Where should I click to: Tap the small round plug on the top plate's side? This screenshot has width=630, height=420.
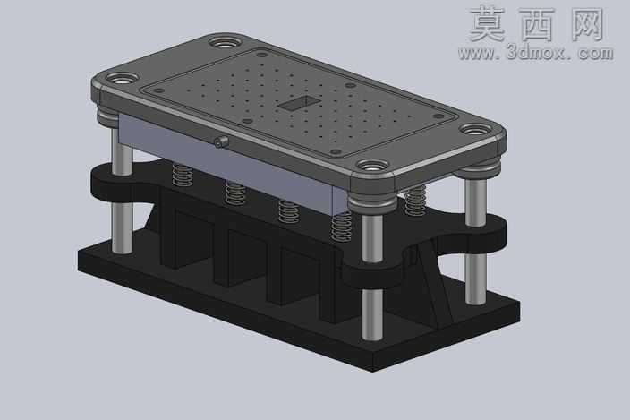[x=220, y=141]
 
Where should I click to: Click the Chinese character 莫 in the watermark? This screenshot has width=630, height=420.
[x=488, y=24]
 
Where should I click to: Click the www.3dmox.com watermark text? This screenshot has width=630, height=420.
[x=535, y=53]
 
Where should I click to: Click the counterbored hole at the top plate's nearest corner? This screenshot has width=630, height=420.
[x=373, y=165]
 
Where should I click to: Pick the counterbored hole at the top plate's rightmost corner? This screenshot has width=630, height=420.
[x=475, y=130]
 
